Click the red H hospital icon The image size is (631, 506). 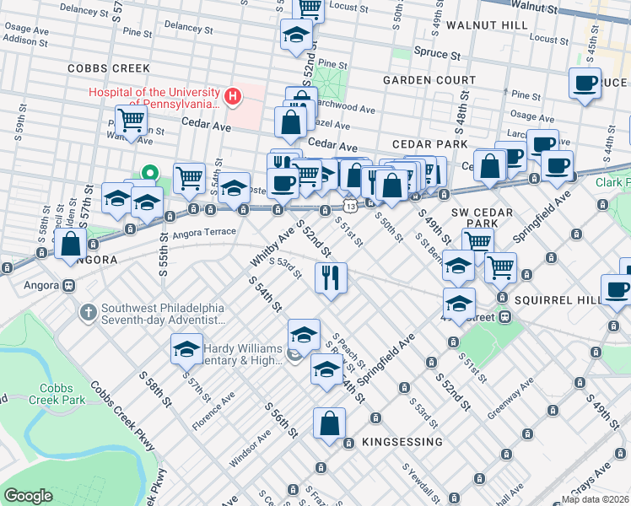[232, 98]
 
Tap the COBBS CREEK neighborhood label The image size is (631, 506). [109, 68]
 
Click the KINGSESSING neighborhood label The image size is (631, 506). [402, 442]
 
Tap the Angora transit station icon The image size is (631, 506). [67, 286]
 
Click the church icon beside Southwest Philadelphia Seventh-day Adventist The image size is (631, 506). [87, 313]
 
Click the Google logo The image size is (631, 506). [28, 496]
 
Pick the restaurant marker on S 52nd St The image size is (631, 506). [331, 277]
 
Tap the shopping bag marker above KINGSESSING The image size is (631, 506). [330, 423]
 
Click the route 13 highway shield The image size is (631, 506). [349, 206]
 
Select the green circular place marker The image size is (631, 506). [150, 175]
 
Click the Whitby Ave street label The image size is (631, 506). [269, 247]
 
